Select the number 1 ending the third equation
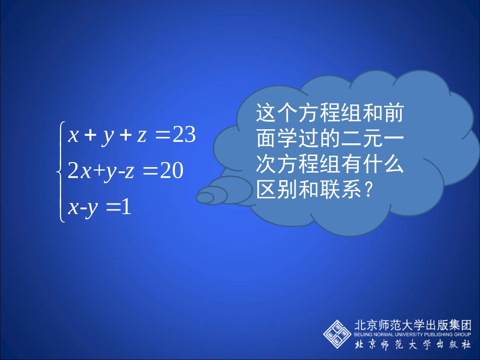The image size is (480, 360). (126, 207)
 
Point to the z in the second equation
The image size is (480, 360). (129, 172)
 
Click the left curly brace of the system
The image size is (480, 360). (62, 172)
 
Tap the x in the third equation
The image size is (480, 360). (73, 208)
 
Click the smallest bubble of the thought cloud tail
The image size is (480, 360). (205, 198)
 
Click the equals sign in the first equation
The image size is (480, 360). (163, 136)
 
